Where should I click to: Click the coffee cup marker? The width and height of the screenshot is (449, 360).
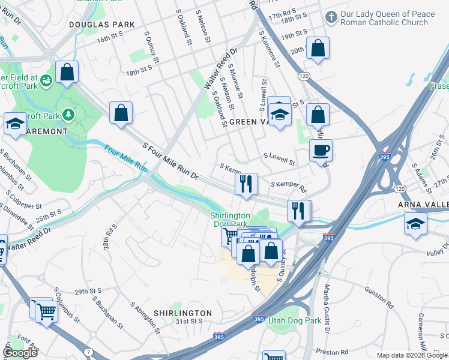(x=321, y=150)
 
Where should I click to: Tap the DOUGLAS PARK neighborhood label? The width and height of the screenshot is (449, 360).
(x=92, y=25)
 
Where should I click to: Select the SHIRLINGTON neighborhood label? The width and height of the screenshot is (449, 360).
(x=182, y=313)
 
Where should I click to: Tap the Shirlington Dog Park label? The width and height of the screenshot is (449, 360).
(x=230, y=220)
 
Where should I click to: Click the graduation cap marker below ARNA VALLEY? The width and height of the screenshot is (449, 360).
(x=416, y=225)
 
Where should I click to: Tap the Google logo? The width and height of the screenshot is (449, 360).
(x=20, y=353)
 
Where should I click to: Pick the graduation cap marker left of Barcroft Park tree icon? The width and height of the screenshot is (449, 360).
(x=15, y=124)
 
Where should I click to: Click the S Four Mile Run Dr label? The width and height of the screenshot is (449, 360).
(x=170, y=161)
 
